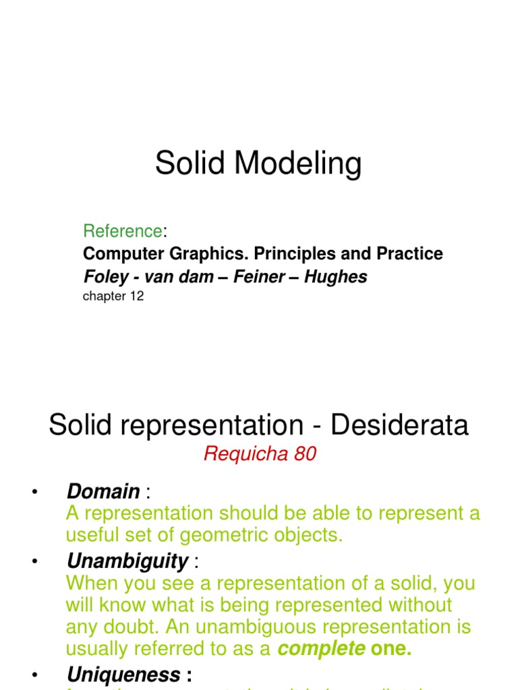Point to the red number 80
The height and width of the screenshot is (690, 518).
305,455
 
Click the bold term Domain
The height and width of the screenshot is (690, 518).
103,491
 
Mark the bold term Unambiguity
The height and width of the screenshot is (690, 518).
127,561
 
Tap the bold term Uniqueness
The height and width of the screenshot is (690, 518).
123,675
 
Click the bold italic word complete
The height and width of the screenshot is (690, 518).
321,650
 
